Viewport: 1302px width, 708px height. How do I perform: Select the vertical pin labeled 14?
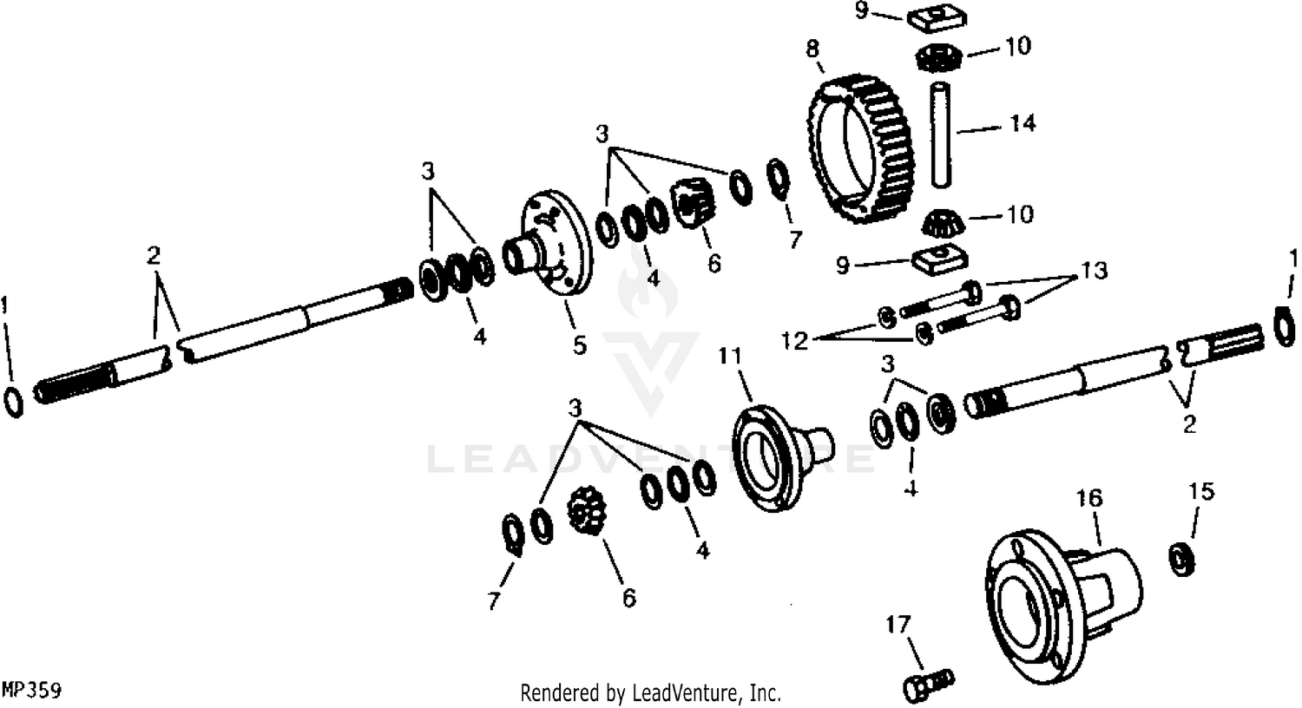point(940,134)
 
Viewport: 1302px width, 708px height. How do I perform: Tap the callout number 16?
point(1088,498)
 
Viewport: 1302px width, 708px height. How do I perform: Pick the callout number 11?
point(731,356)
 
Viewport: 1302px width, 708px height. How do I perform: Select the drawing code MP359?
point(31,691)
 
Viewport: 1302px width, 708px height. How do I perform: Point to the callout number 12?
point(794,340)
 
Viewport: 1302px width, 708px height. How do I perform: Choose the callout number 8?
point(812,49)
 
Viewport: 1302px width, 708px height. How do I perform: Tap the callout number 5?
point(580,345)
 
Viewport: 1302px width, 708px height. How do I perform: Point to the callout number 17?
point(898,625)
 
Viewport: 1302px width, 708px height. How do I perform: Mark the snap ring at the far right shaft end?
point(1284,326)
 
